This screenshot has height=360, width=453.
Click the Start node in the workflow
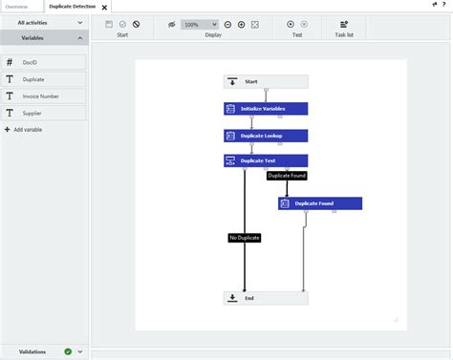(266, 82)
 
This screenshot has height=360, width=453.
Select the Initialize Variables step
(266, 109)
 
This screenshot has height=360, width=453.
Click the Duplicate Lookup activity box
(266, 136)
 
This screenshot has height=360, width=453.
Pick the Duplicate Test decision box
(266, 160)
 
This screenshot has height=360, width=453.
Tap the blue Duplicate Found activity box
(320, 203)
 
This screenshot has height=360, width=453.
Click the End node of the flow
(266, 298)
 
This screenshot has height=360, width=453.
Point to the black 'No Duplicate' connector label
(245, 237)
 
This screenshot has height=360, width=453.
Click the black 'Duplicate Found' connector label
(286, 176)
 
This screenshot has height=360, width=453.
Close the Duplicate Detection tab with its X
(104, 8)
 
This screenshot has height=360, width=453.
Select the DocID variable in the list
(44, 62)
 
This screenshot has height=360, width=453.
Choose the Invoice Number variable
(44, 96)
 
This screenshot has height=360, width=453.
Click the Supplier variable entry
(44, 114)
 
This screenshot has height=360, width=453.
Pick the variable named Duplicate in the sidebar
(44, 79)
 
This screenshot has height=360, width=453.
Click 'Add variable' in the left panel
(28, 129)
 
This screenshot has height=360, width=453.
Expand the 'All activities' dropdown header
(44, 22)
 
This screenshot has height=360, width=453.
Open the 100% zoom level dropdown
(200, 24)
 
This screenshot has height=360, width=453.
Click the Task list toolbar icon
(344, 24)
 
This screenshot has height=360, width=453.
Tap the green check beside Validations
(68, 351)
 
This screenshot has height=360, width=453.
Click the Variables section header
(44, 38)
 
